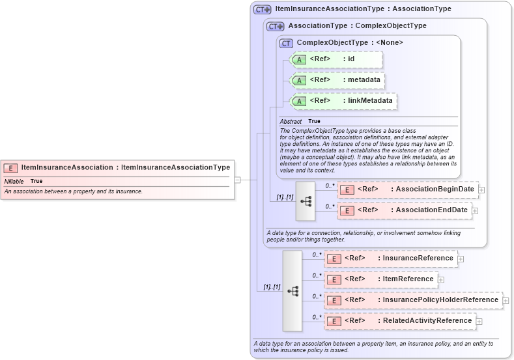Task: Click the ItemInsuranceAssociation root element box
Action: [x=117, y=167]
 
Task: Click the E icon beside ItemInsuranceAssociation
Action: [x=11, y=168]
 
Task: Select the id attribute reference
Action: [x=336, y=59]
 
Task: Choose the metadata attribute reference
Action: [x=337, y=80]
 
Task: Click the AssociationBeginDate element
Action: [x=408, y=189]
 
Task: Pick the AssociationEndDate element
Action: [x=405, y=210]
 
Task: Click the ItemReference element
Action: [x=381, y=279]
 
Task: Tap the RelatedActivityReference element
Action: [x=400, y=321]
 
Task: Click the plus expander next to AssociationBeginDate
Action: [x=482, y=190]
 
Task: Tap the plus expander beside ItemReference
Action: [x=441, y=280]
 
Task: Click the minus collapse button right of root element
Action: [x=238, y=180]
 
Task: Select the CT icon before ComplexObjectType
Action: [x=286, y=43]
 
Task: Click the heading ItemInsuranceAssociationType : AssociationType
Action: [x=363, y=9]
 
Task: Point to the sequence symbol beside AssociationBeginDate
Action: [x=306, y=201]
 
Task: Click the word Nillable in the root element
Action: [x=14, y=181]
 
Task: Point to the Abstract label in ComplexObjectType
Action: [x=291, y=121]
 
